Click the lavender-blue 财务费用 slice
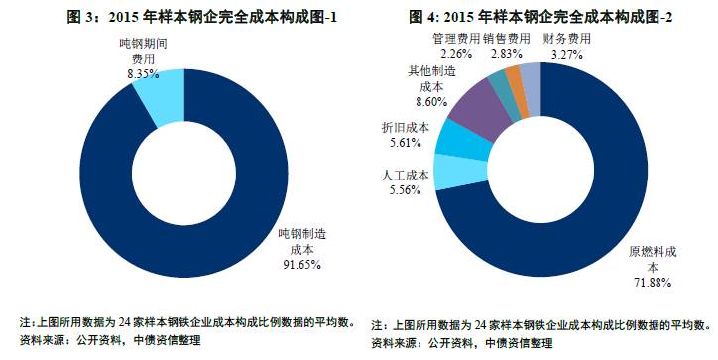click(x=531, y=77)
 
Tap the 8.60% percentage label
click(x=430, y=101)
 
